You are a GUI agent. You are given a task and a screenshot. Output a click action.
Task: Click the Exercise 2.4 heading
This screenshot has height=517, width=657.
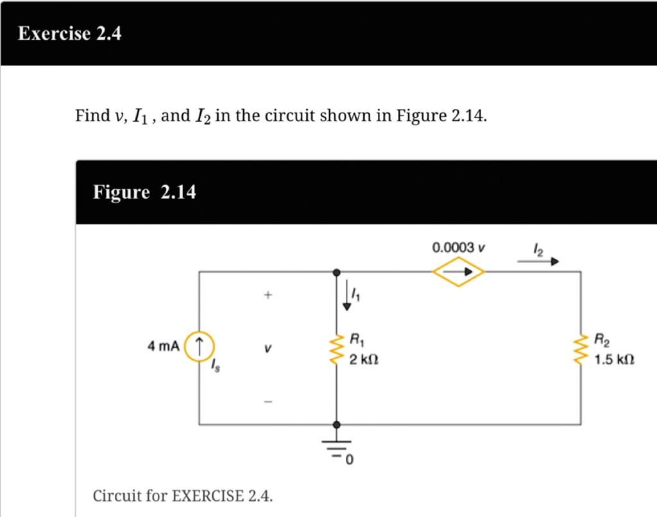69,33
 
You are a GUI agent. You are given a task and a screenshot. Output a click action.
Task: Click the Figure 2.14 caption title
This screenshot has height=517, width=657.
144,192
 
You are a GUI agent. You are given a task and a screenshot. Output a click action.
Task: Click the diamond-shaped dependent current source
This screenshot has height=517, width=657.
458,272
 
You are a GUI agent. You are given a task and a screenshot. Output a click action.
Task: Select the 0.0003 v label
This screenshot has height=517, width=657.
459,247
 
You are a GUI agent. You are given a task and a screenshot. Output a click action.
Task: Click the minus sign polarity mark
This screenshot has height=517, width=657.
269,402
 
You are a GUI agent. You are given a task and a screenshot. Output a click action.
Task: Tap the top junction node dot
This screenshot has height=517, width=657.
337,272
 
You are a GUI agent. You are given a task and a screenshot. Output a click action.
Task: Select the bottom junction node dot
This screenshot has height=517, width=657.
337,424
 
